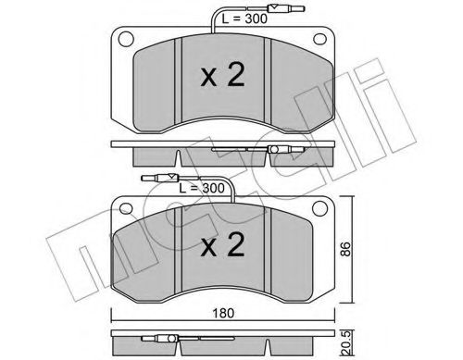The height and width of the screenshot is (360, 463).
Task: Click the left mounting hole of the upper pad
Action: tap(120, 42)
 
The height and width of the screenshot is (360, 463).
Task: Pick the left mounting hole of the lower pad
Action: tap(120, 208)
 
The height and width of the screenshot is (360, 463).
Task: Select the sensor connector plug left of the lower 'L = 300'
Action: tap(153, 180)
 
